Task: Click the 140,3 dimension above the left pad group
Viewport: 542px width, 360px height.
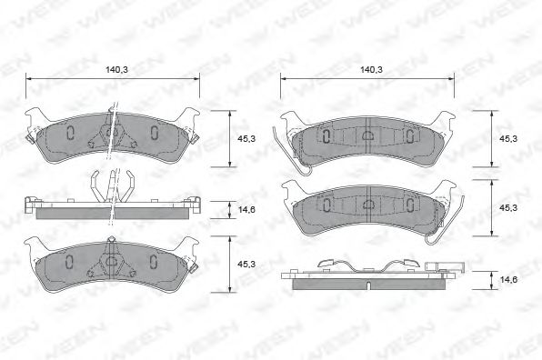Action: click(114, 68)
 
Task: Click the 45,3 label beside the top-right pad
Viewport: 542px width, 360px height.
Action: click(508, 138)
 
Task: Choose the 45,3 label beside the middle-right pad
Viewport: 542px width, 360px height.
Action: click(508, 207)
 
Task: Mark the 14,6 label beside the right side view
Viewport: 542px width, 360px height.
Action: click(508, 282)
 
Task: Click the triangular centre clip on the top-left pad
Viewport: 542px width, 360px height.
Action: click(111, 133)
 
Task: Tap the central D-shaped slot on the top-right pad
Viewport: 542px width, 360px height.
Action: click(368, 135)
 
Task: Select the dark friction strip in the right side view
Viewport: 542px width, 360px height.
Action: click(369, 281)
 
